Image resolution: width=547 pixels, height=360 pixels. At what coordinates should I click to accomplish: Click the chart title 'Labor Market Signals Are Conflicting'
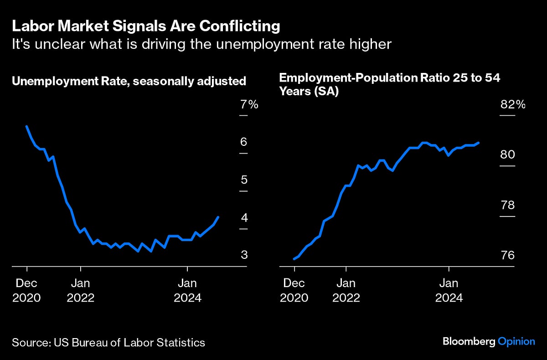[146, 26]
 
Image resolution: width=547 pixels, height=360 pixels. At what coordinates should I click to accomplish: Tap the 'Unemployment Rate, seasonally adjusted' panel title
[129, 81]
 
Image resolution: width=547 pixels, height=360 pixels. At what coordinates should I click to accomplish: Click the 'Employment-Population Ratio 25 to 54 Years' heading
[390, 84]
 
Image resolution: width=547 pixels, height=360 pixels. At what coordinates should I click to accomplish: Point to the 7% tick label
[249, 105]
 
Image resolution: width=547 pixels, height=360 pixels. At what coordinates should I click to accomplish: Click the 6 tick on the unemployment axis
[244, 142]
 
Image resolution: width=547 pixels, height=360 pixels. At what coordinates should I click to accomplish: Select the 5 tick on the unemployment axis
[244, 180]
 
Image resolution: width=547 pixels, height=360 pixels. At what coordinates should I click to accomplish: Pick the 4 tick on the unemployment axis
[244, 217]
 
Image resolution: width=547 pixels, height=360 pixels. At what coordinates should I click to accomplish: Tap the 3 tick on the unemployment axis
[244, 255]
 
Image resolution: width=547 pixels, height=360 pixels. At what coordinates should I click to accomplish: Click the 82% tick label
[513, 105]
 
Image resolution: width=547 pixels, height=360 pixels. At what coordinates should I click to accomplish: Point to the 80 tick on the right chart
[507, 155]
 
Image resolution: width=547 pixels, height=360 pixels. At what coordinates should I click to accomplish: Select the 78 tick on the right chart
[507, 205]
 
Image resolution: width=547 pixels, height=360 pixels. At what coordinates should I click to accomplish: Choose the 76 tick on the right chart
[507, 255]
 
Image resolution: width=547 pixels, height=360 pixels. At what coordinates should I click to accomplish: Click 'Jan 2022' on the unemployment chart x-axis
[80, 290]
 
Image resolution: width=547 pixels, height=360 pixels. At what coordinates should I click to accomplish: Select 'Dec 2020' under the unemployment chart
[27, 290]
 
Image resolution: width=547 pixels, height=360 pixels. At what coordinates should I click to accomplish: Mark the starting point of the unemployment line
[27, 126]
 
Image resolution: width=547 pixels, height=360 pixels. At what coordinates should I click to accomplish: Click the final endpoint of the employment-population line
[479, 143]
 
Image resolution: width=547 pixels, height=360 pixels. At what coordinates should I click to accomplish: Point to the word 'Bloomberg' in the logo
[469, 341]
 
